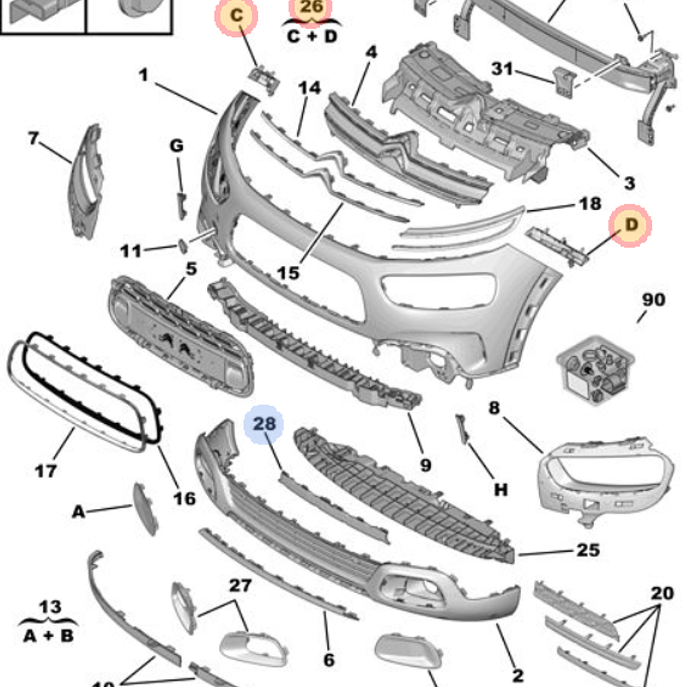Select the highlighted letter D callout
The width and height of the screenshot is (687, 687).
pyautogui.click(x=631, y=225)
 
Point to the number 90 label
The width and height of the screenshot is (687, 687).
pyautogui.click(x=653, y=300)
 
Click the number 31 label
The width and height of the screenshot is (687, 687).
pyautogui.click(x=503, y=69)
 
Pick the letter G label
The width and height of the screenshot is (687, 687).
pyautogui.click(x=177, y=146)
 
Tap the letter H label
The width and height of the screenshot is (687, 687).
pyautogui.click(x=501, y=490)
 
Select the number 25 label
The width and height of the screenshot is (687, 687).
pyautogui.click(x=587, y=550)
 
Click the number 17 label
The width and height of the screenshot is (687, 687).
pyautogui.click(x=45, y=471)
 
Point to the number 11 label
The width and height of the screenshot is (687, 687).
pyautogui.click(x=131, y=251)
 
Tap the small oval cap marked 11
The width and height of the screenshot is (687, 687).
pyautogui.click(x=183, y=245)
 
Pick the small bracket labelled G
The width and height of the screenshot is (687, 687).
pyautogui.click(x=182, y=205)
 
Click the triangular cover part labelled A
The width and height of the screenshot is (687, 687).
pyautogui.click(x=145, y=508)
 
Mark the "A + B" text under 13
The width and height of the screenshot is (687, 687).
pyautogui.click(x=48, y=636)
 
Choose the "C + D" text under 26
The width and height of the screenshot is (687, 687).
pyautogui.click(x=313, y=36)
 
